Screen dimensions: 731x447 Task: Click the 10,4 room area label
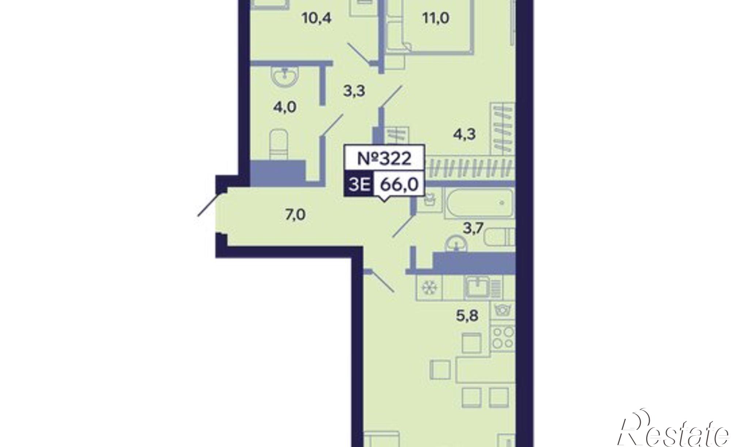tap(317, 18)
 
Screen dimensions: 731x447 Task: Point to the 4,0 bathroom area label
tap(286, 107)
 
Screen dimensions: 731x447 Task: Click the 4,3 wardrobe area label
tap(464, 134)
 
